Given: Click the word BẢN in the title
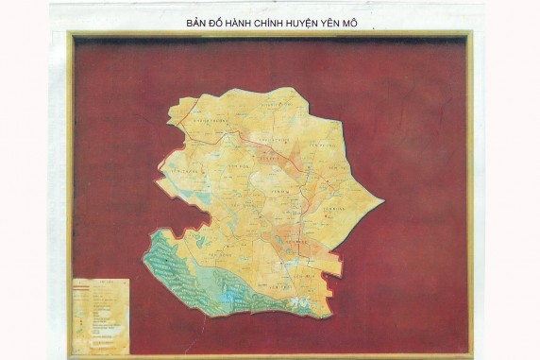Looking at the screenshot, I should point(196,18).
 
